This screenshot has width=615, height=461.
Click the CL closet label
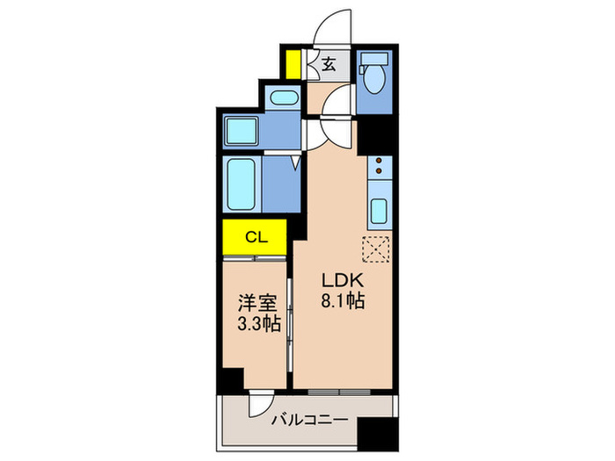click(255, 236)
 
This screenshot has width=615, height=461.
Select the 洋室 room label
click(257, 304)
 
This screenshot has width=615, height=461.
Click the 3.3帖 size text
click(257, 324)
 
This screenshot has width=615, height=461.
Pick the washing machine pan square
click(242, 131)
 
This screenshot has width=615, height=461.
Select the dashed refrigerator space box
click(378, 250)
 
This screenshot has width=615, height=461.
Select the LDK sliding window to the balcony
click(339, 389)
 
